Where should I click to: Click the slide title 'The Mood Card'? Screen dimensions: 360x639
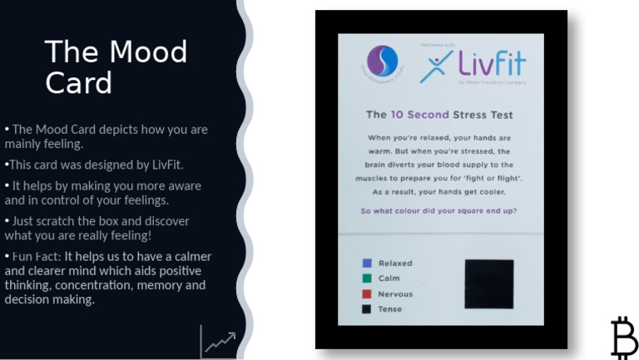click(116, 67)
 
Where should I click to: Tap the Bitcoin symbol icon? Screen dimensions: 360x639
click(624, 337)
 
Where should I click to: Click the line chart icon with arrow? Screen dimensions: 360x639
click(219, 341)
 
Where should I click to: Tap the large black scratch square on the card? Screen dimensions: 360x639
click(488, 284)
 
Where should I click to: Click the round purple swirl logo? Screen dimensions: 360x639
click(382, 61)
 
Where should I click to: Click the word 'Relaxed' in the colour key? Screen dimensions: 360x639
click(395, 264)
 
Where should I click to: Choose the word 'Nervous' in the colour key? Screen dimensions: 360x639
click(395, 294)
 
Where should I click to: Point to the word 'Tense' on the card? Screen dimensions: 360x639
click(390, 309)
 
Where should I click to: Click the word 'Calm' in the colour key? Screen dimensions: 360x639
click(389, 279)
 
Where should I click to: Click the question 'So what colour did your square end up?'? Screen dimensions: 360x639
click(438, 210)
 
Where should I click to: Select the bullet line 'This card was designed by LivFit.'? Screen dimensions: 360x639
click(95, 165)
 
